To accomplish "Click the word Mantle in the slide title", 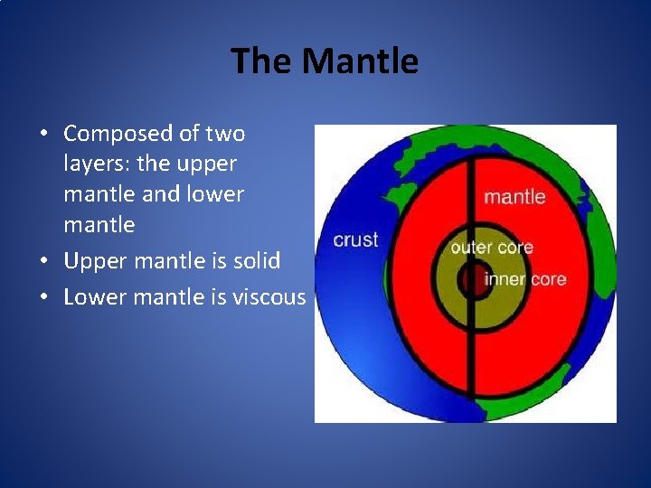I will pos(360,61).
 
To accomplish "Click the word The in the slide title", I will pos(262,61).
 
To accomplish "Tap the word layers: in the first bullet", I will pos(97,164).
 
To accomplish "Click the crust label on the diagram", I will pos(355,239).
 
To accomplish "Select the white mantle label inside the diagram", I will pos(514,196).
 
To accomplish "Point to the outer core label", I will pos(491,247).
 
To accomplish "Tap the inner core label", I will pos(524,278).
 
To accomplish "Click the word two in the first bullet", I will pos(224,134).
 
